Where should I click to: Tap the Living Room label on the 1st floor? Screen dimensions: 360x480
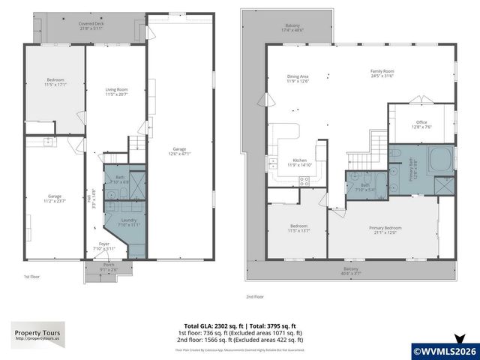tap(117, 91)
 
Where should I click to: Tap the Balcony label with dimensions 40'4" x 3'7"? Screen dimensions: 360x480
tap(350, 271)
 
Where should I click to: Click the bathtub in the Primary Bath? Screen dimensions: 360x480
tap(437, 158)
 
